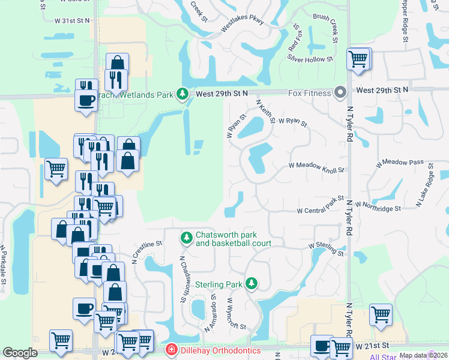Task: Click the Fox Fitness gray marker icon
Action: [x=340, y=93]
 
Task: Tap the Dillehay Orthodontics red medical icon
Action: [x=171, y=350]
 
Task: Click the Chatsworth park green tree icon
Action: [x=187, y=238]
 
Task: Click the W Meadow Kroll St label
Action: [x=316, y=167]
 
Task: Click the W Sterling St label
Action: [x=326, y=249]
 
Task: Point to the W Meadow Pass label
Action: [x=400, y=163]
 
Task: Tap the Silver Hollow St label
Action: [x=310, y=59]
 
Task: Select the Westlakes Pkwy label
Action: [x=226, y=27]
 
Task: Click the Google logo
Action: [x=20, y=353]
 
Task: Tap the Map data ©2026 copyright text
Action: [x=423, y=355]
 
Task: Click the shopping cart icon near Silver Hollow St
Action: [x=358, y=59]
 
